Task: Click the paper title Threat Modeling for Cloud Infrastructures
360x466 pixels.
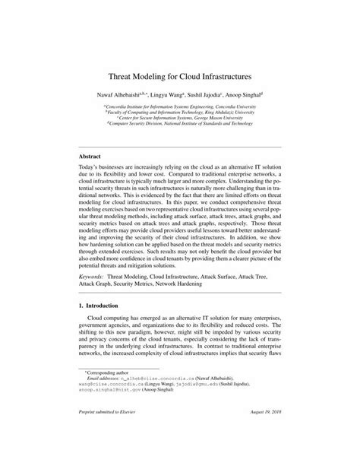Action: point(180,77)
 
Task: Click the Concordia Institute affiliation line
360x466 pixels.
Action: point(180,107)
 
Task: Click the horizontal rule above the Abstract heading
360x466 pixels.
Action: point(180,146)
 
